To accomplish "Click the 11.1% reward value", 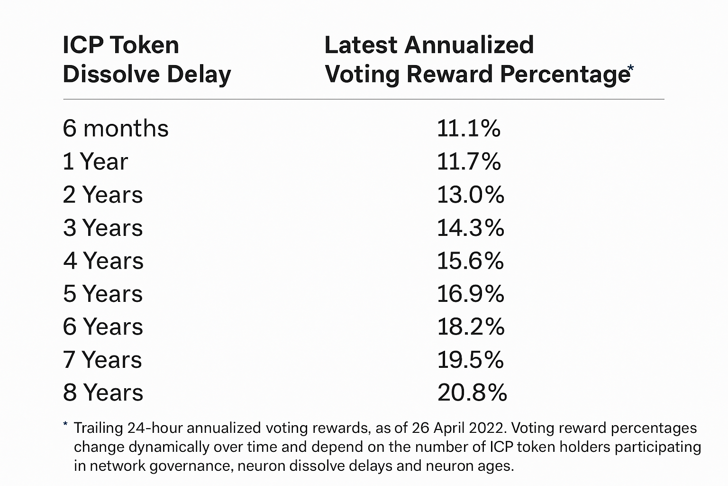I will [x=468, y=129].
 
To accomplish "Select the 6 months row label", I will [x=116, y=129].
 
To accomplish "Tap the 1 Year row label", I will [x=95, y=162].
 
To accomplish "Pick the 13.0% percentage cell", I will [x=470, y=195].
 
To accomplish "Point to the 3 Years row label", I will [x=103, y=228].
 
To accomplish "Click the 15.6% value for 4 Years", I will [x=470, y=261].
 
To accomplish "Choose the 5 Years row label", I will [x=103, y=294].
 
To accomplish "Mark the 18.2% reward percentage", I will [x=471, y=327].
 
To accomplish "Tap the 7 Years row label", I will [x=102, y=360].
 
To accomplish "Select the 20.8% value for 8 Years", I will [x=472, y=393].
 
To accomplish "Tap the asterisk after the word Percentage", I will [x=630, y=69].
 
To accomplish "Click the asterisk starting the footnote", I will [x=65, y=424].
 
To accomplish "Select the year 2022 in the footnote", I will [x=488, y=428].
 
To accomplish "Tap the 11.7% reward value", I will [x=468, y=162].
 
